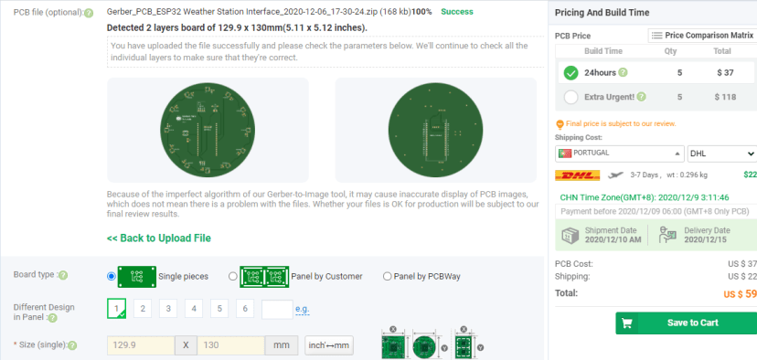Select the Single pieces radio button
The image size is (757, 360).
(x=112, y=276)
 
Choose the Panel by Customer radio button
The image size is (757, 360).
(x=233, y=276)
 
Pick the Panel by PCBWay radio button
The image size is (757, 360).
(x=388, y=276)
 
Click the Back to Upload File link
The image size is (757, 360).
(x=159, y=238)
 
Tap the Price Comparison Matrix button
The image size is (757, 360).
(x=701, y=35)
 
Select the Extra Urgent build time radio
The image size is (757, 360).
(x=571, y=96)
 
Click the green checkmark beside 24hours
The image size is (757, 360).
(x=571, y=73)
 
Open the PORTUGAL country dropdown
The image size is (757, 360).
(x=619, y=153)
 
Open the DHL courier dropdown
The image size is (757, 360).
(x=720, y=153)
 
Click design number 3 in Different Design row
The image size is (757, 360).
(x=167, y=309)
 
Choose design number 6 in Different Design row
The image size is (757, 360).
(x=244, y=309)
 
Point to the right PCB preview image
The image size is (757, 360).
(x=435, y=131)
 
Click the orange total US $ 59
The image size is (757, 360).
(x=740, y=293)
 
